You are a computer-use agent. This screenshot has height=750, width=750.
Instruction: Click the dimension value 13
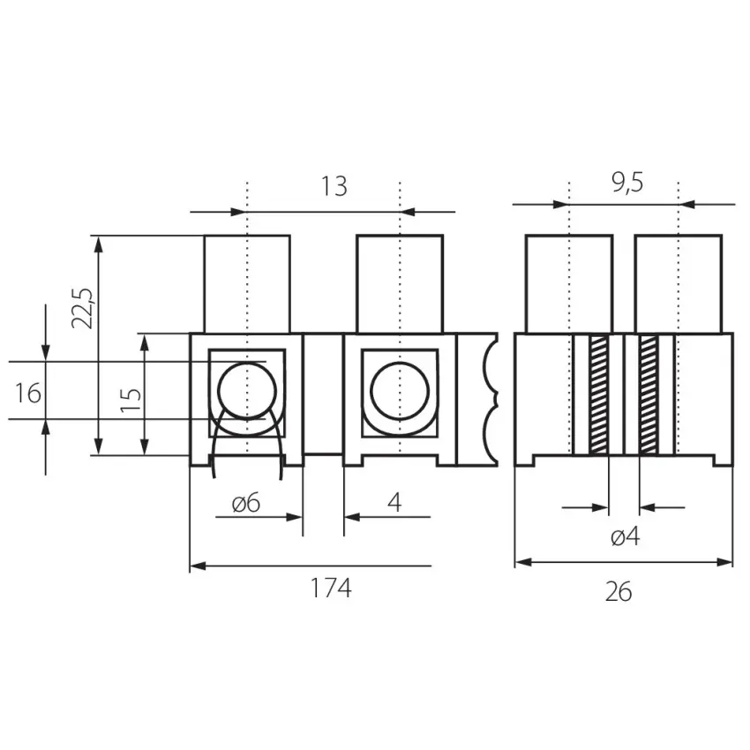334,186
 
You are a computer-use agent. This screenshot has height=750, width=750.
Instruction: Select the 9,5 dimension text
627,183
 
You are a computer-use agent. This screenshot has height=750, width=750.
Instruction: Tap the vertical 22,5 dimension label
83,309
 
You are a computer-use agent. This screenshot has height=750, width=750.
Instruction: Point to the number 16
27,394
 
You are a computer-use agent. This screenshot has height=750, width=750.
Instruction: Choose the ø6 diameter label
246,503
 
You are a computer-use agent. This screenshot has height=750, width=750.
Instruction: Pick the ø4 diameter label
626,537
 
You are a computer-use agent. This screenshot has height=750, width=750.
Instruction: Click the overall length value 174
331,588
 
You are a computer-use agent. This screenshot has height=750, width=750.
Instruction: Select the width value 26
619,592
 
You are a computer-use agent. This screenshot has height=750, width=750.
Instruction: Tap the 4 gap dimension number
394,503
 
